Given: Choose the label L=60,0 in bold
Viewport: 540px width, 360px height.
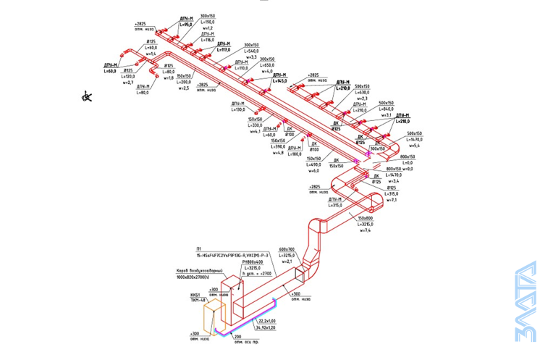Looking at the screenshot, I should (111, 71).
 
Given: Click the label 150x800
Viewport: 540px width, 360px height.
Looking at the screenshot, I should (363, 218).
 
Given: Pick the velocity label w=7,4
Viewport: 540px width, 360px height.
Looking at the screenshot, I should (363, 231).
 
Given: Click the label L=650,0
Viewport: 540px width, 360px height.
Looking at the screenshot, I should (267, 65).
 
